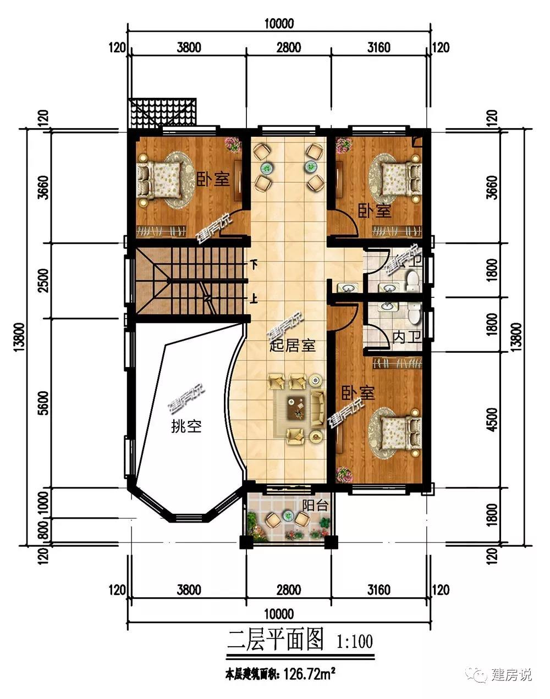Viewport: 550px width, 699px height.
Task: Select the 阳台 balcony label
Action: (315, 506)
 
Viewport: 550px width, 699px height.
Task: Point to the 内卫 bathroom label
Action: (407, 338)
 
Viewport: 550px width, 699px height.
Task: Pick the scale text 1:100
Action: (355, 641)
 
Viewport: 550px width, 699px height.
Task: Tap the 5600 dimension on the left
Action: (43, 403)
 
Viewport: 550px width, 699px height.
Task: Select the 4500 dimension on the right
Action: (493, 420)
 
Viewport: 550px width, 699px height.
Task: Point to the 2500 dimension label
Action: (43, 280)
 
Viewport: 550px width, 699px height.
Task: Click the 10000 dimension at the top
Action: (279, 24)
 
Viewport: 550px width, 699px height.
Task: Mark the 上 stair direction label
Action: (255, 298)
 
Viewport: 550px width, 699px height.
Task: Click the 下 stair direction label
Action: (255, 264)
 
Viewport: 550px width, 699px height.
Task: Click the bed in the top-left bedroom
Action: (159, 180)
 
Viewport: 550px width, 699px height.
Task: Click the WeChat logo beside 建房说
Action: (476, 674)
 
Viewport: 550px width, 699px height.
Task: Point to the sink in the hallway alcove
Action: (347, 288)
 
